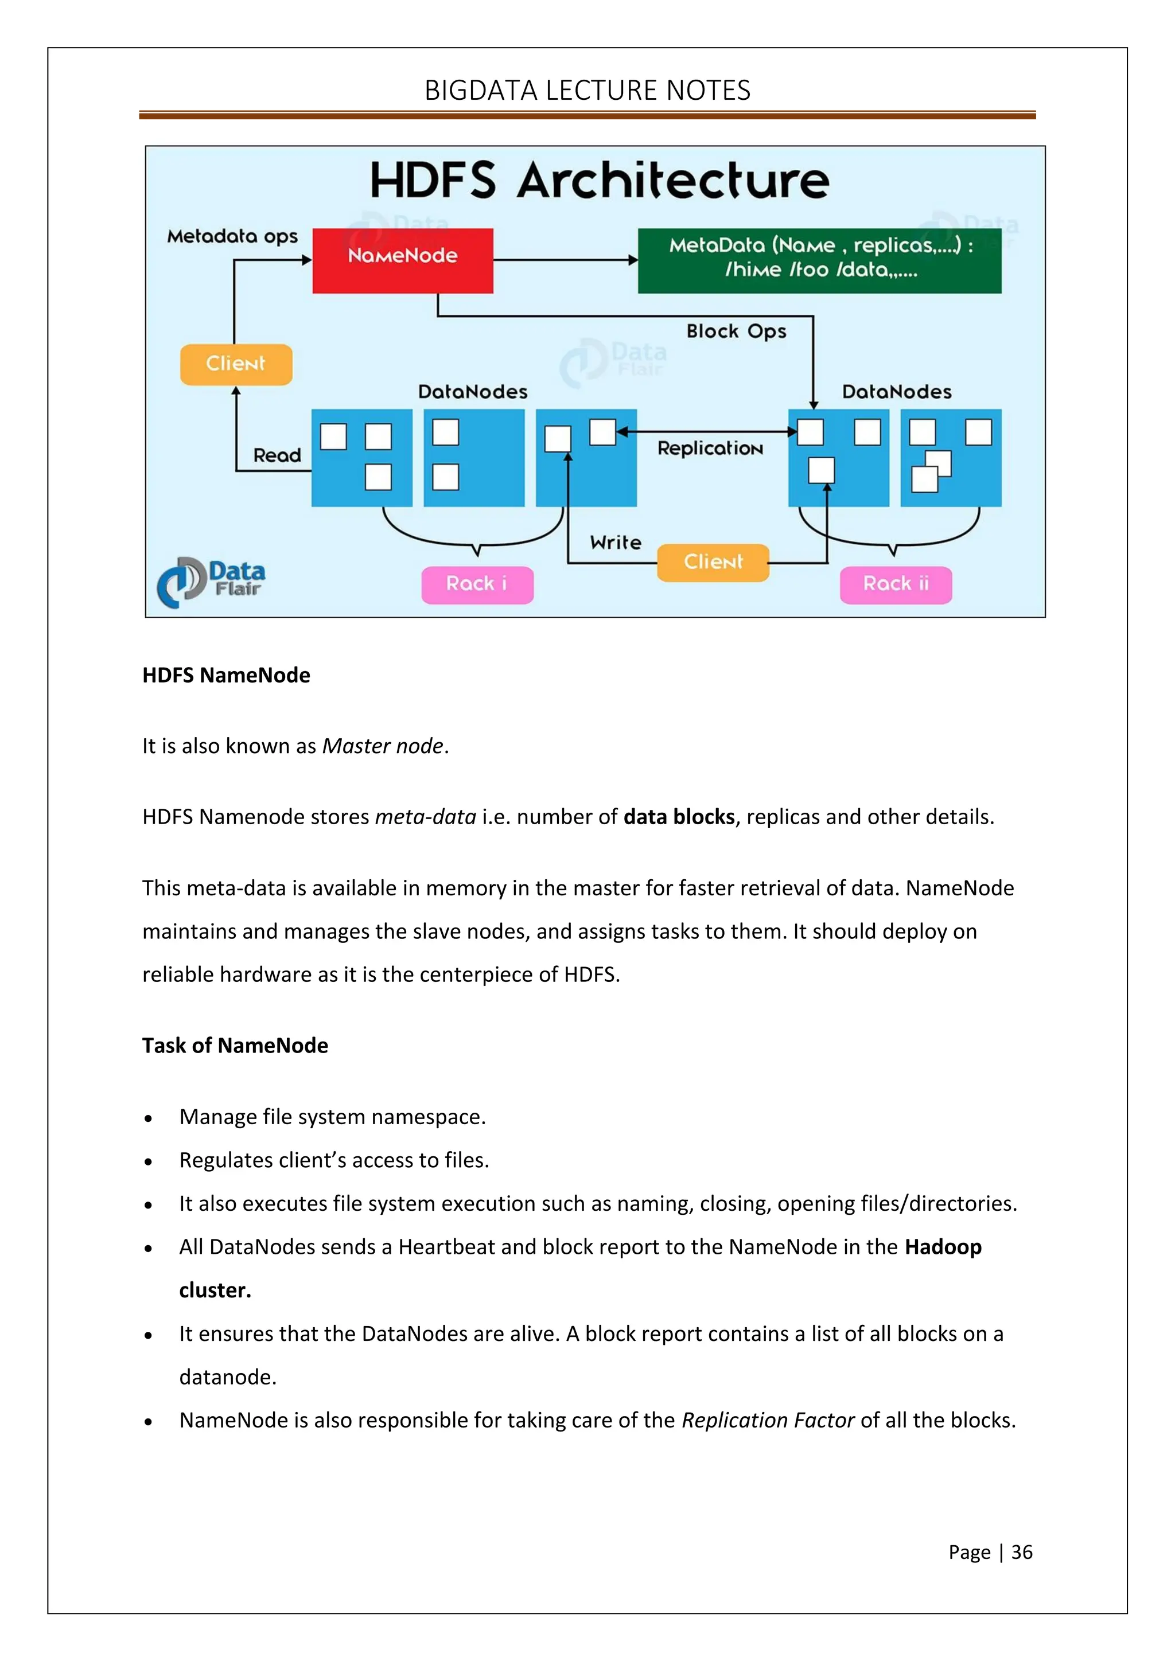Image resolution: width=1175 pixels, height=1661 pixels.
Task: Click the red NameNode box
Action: (x=402, y=260)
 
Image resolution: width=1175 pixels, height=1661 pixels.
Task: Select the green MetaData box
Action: (x=819, y=260)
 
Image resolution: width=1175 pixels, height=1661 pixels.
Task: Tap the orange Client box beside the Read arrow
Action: (x=236, y=364)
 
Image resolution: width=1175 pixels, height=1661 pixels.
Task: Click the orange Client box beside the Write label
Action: (x=713, y=562)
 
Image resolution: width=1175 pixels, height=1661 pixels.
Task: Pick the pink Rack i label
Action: (x=477, y=584)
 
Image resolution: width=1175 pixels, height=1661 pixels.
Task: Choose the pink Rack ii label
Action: (x=895, y=584)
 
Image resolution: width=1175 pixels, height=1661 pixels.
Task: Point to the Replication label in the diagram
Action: (x=710, y=449)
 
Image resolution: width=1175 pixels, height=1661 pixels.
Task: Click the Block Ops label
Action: (x=736, y=332)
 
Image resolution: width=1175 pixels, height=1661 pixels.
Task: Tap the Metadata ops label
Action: (x=232, y=236)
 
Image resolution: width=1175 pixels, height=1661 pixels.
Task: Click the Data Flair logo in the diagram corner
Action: (x=211, y=581)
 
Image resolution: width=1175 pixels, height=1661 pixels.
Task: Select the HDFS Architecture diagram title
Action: (x=599, y=180)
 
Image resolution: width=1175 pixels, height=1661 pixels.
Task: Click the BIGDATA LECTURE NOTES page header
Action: (x=587, y=91)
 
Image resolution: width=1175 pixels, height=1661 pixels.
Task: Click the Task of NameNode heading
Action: (x=235, y=1046)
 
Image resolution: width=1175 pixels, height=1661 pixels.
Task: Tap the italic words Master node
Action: (x=382, y=746)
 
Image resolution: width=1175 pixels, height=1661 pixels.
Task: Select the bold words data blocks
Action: (x=679, y=817)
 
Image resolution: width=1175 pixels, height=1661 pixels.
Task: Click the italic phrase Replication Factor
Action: (x=768, y=1420)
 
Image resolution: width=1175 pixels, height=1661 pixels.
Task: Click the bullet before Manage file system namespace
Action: (x=149, y=1118)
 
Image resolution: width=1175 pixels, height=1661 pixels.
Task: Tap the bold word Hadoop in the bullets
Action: (x=943, y=1246)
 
